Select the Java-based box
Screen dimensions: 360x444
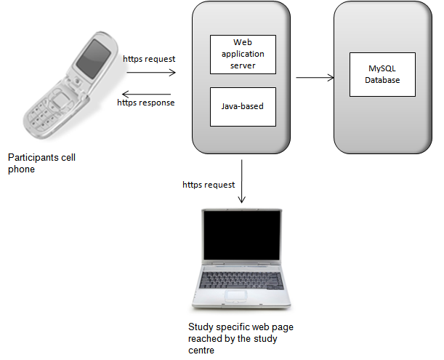pyautogui.click(x=242, y=106)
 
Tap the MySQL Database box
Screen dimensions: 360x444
pyautogui.click(x=382, y=75)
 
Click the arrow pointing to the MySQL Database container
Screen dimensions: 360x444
pyautogui.click(x=315, y=76)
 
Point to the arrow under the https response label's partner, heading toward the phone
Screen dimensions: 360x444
pyautogui.click(x=146, y=94)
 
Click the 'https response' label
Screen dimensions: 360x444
pyautogui.click(x=146, y=103)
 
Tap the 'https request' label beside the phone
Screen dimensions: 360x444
pyautogui.click(x=150, y=58)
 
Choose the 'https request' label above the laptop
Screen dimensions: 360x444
pyautogui.click(x=209, y=185)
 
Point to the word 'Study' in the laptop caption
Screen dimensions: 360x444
pyautogui.click(x=200, y=327)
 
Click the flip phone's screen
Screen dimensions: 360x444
pyautogui.click(x=95, y=55)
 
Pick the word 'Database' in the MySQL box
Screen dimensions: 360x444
pyautogui.click(x=382, y=80)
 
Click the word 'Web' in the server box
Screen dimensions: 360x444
pyautogui.click(x=242, y=43)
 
